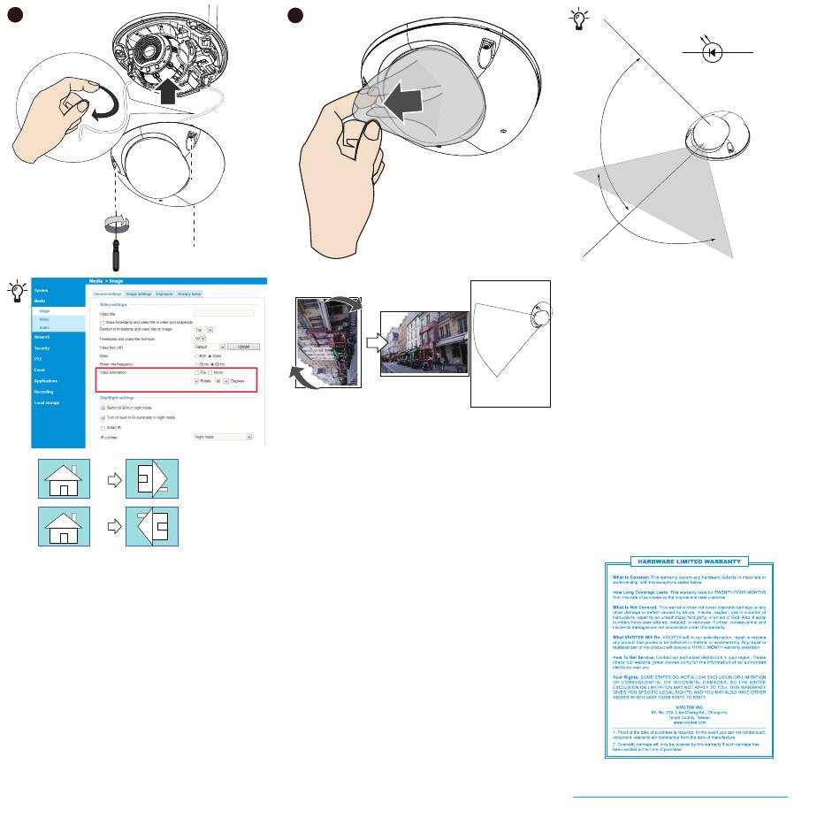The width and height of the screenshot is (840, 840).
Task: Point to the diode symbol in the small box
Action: click(x=715, y=52)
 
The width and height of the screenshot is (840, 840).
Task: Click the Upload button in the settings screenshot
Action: click(x=244, y=347)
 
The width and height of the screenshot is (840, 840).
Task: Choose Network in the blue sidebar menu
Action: click(x=42, y=337)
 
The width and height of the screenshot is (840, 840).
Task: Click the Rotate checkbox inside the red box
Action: click(x=196, y=381)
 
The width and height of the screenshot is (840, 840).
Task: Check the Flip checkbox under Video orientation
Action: click(x=196, y=373)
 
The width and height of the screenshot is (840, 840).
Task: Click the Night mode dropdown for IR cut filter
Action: click(x=224, y=436)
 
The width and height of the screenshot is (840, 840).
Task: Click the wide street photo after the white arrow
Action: click(x=424, y=341)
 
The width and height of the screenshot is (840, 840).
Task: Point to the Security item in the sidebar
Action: click(x=42, y=348)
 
